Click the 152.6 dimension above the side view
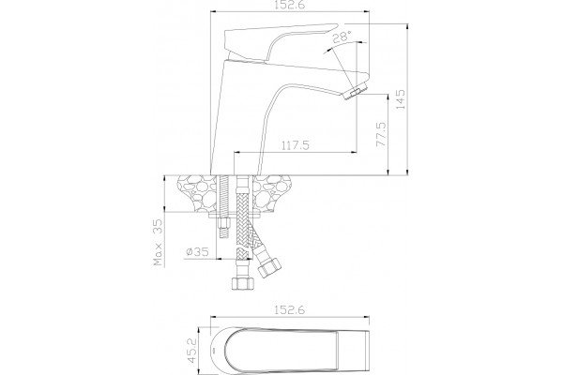click(289, 5)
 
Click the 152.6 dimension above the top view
click(289, 309)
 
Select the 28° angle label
click(342, 37)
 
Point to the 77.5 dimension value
click(381, 134)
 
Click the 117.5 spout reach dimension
click(296, 145)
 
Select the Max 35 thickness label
click(158, 242)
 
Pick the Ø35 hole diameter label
click(197, 251)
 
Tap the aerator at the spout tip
click(355, 92)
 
